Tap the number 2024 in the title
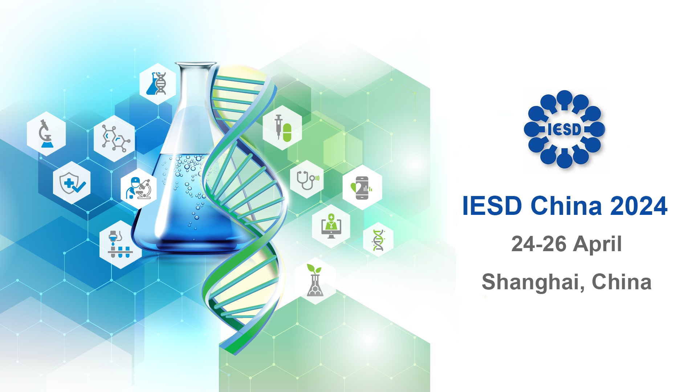(x=639, y=206)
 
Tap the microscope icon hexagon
(x=46, y=134)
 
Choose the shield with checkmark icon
(x=72, y=183)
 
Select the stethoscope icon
(x=307, y=179)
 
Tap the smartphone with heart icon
(x=362, y=187)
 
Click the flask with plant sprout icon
(x=315, y=280)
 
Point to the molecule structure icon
(x=114, y=138)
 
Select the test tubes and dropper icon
(x=121, y=244)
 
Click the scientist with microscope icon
(x=139, y=188)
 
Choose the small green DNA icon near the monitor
(x=378, y=240)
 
